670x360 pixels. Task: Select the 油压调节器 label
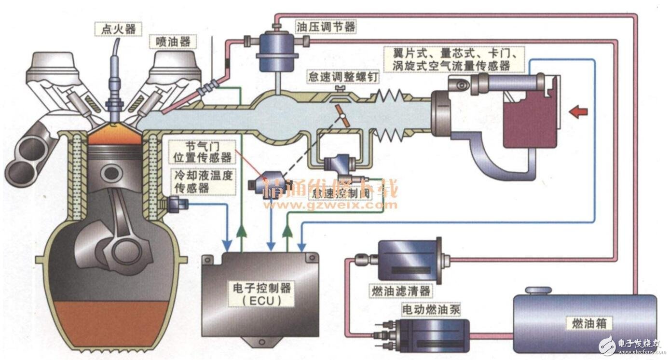coord(325,26)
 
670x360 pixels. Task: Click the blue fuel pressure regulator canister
coord(275,51)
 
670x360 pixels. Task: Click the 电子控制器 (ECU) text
coord(261,294)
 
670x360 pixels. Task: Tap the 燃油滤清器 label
coord(400,291)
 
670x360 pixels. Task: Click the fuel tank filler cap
coord(538,291)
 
